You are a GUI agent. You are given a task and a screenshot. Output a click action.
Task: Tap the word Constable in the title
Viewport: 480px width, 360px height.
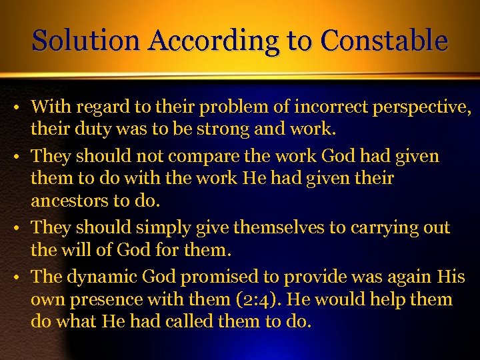click(x=384, y=41)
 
